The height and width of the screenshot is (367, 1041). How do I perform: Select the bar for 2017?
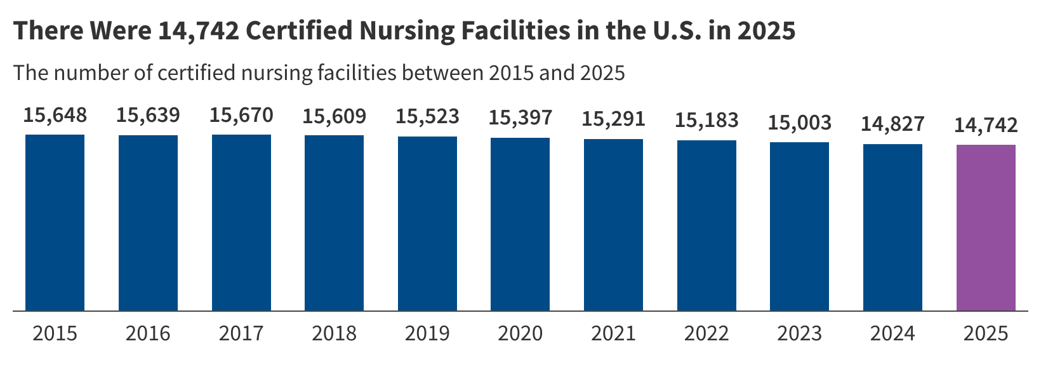click(241, 222)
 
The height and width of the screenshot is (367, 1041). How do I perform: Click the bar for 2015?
click(55, 222)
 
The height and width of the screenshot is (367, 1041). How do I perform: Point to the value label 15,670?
click(241, 116)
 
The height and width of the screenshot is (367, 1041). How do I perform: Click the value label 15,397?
click(520, 117)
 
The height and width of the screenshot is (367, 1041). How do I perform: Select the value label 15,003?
click(799, 122)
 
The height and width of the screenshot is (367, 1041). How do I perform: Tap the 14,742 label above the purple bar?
click(986, 125)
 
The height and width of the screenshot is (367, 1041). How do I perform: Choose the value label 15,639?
click(148, 116)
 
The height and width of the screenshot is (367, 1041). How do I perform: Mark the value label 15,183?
click(706, 120)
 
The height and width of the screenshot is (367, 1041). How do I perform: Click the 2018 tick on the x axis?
click(334, 333)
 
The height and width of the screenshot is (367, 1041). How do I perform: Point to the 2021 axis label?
click(613, 333)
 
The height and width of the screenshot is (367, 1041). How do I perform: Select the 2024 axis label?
click(892, 333)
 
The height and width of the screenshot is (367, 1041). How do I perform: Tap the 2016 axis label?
click(148, 333)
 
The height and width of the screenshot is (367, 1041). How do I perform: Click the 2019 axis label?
click(427, 333)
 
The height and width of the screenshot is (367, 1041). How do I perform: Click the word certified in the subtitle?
click(196, 73)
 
